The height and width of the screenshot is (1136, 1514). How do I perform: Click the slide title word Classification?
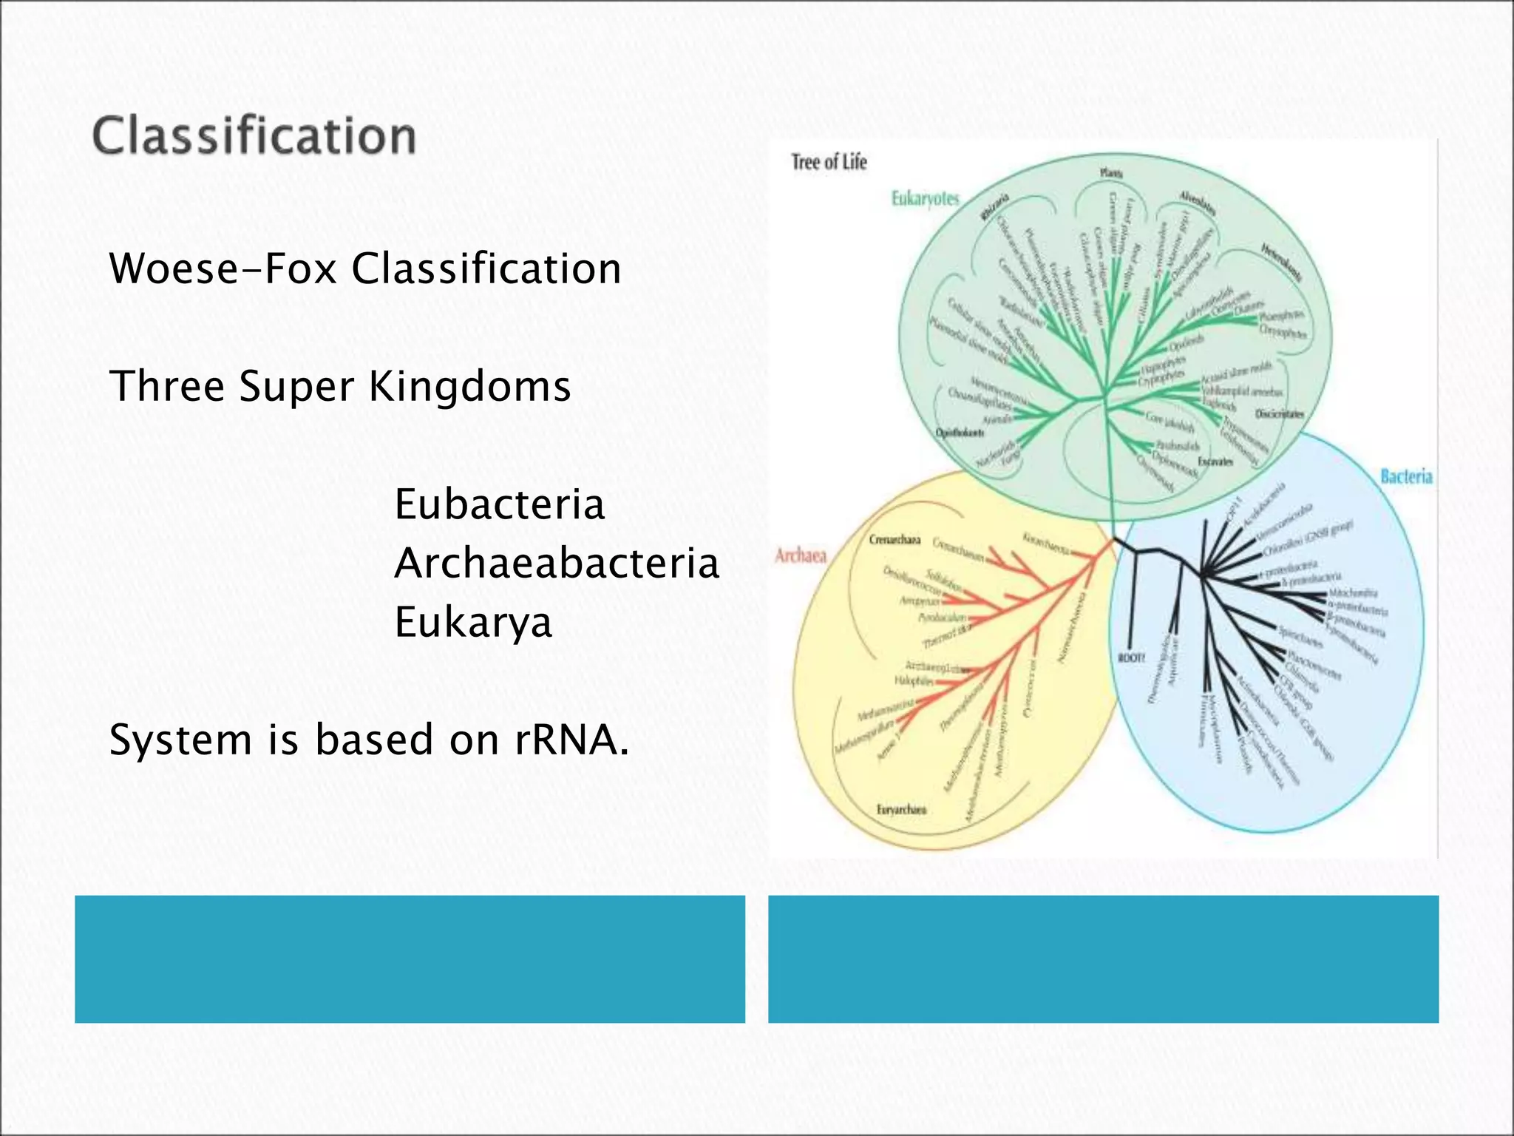pos(254,138)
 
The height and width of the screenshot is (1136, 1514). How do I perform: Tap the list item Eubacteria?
pos(499,505)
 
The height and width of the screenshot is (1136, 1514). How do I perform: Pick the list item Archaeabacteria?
pos(556,564)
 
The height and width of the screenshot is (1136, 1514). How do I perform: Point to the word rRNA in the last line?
pos(571,740)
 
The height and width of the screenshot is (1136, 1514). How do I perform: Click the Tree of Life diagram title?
pos(829,162)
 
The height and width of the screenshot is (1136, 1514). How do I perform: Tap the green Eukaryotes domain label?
pos(925,198)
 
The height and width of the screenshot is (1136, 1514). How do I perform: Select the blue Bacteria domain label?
pos(1406,477)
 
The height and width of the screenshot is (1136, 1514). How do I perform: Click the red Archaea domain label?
pos(800,555)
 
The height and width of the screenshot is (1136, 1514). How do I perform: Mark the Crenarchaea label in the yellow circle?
pos(895,540)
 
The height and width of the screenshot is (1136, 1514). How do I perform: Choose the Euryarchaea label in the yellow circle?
pos(901,810)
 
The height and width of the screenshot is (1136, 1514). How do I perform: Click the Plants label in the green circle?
pos(1110,173)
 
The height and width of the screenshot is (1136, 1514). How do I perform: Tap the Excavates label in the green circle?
pos(1215,461)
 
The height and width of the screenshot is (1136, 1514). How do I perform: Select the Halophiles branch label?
pos(914,680)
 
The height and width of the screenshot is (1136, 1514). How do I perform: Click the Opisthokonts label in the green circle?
pos(960,433)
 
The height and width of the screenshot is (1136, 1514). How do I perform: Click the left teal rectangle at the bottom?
pos(410,958)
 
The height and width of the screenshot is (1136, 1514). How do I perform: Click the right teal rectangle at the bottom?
pos(1103,958)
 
